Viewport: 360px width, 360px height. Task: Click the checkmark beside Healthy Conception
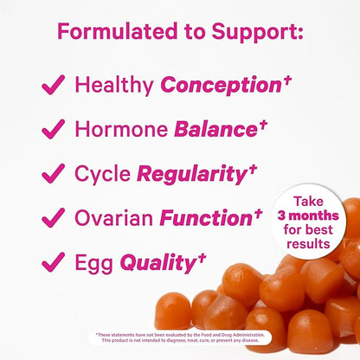click(55, 86)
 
